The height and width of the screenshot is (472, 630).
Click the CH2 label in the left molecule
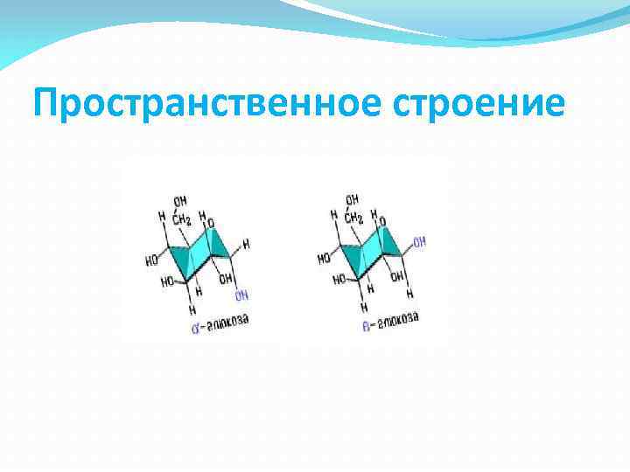[x=180, y=218]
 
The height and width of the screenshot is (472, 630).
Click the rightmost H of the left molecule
[x=246, y=246]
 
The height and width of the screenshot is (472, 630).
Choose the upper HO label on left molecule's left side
[x=152, y=260]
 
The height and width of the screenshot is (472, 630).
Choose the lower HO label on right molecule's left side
[x=339, y=281]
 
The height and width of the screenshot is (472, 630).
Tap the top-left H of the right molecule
[x=333, y=214]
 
